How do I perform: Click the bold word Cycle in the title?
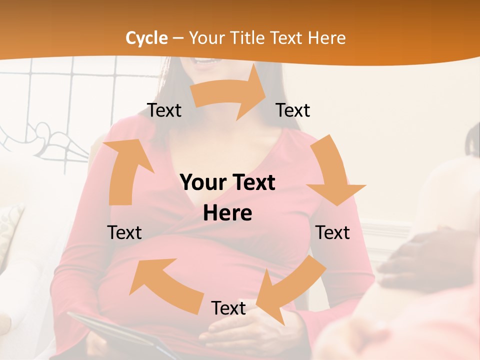146,38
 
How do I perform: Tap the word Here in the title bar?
327,38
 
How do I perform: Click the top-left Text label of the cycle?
164,110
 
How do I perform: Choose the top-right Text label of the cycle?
293,110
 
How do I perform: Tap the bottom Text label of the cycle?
228,308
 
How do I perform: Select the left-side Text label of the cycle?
124,232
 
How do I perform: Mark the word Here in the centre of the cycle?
227,213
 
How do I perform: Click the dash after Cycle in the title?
178,38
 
